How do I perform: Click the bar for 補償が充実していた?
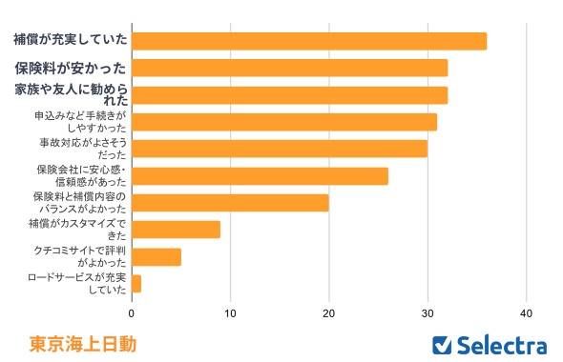(x=308, y=41)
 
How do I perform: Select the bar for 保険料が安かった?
(x=289, y=69)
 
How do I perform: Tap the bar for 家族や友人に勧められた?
(x=289, y=95)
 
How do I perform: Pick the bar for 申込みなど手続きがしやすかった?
(x=284, y=122)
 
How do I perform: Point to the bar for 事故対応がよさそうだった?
(x=280, y=149)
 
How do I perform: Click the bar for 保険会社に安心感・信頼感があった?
(x=260, y=176)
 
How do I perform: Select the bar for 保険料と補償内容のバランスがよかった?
(x=230, y=203)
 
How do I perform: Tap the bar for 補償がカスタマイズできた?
(x=176, y=230)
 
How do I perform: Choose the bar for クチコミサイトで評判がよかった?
(x=156, y=256)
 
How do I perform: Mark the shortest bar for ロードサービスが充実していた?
(x=136, y=284)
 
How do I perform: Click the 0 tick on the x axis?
(x=132, y=312)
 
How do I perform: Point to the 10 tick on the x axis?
(x=230, y=312)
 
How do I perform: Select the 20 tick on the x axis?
(x=329, y=312)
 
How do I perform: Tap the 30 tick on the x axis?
(x=427, y=312)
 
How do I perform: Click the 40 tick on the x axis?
(x=526, y=312)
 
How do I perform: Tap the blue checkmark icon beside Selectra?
(x=442, y=345)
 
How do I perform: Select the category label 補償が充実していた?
(x=70, y=41)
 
